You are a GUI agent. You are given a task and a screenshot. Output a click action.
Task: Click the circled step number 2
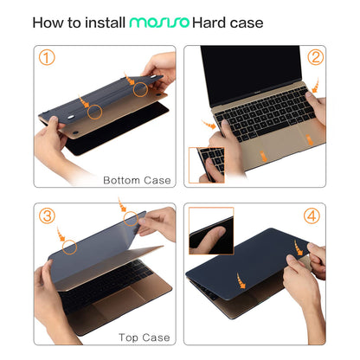[x=314, y=59]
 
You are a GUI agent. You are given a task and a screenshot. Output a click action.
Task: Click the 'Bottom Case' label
[x=137, y=181]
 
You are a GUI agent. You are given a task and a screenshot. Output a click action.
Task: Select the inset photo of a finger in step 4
[x=210, y=229]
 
